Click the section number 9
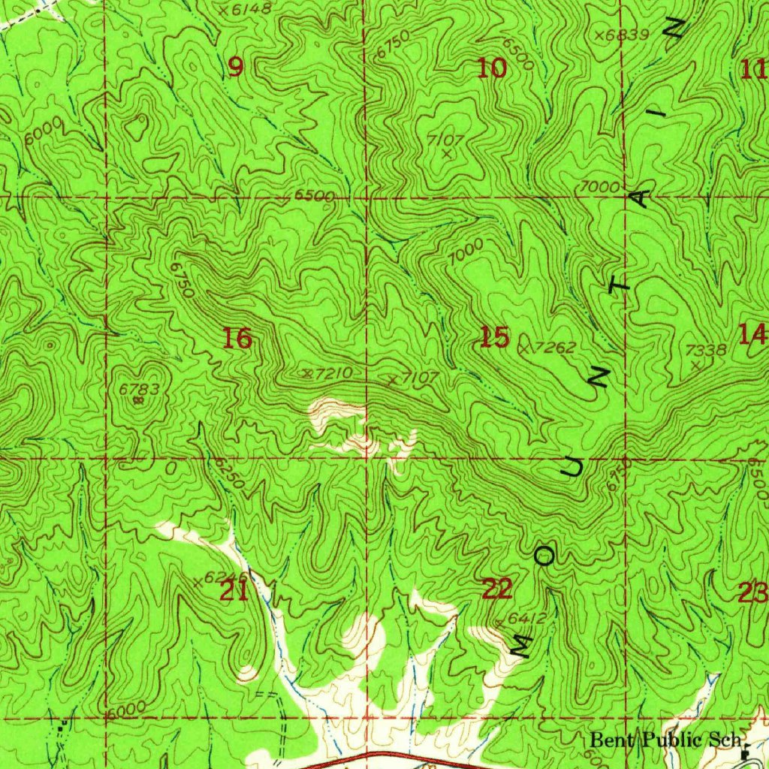[x=236, y=68]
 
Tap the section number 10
[x=492, y=69]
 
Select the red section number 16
[x=238, y=339]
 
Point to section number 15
[x=494, y=338]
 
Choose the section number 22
[x=496, y=590]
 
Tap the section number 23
[x=752, y=593]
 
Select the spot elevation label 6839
[x=626, y=35]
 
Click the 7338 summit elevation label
[x=706, y=350]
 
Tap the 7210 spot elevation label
[x=331, y=372]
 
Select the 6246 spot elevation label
[x=218, y=578]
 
